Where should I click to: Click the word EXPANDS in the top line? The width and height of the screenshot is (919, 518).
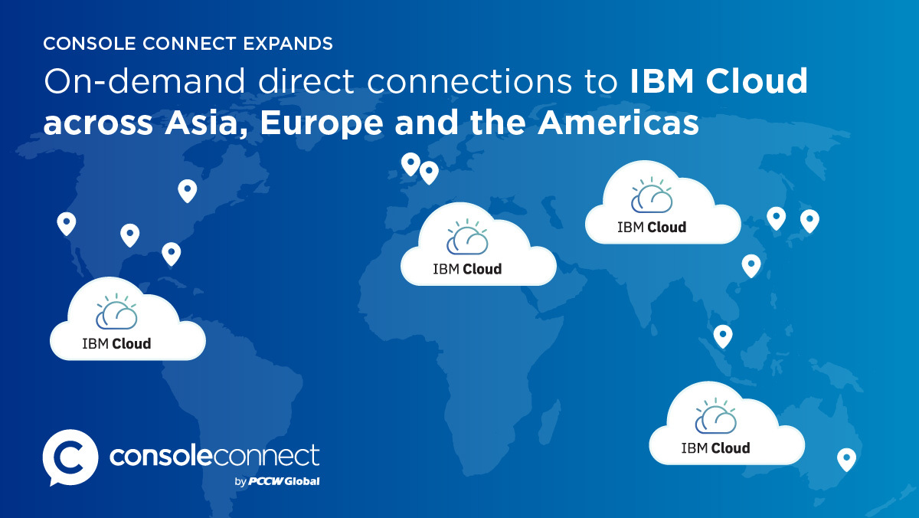(x=288, y=44)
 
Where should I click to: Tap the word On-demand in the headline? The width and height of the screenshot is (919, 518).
(x=145, y=81)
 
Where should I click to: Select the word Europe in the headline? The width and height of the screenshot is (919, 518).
(x=322, y=123)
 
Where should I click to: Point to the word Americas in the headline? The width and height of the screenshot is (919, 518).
(x=618, y=123)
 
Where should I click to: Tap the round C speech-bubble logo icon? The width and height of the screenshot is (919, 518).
(x=70, y=457)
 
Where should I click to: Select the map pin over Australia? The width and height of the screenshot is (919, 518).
(x=846, y=460)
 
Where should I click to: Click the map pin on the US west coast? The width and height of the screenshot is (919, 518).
(x=67, y=223)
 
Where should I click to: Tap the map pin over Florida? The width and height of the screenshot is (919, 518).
(x=172, y=254)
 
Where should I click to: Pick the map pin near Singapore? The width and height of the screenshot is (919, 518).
(x=723, y=336)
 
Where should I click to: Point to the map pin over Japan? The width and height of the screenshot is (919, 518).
(x=809, y=221)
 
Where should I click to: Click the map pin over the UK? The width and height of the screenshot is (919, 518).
(x=410, y=164)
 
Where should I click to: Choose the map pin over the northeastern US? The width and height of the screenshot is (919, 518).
(x=188, y=191)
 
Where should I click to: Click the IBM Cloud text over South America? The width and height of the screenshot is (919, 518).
(x=116, y=343)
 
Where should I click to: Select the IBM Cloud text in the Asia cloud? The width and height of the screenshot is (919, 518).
(x=652, y=227)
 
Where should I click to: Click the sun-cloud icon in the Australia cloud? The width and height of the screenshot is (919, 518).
(x=716, y=415)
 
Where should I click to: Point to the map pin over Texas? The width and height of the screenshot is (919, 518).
(x=130, y=234)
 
